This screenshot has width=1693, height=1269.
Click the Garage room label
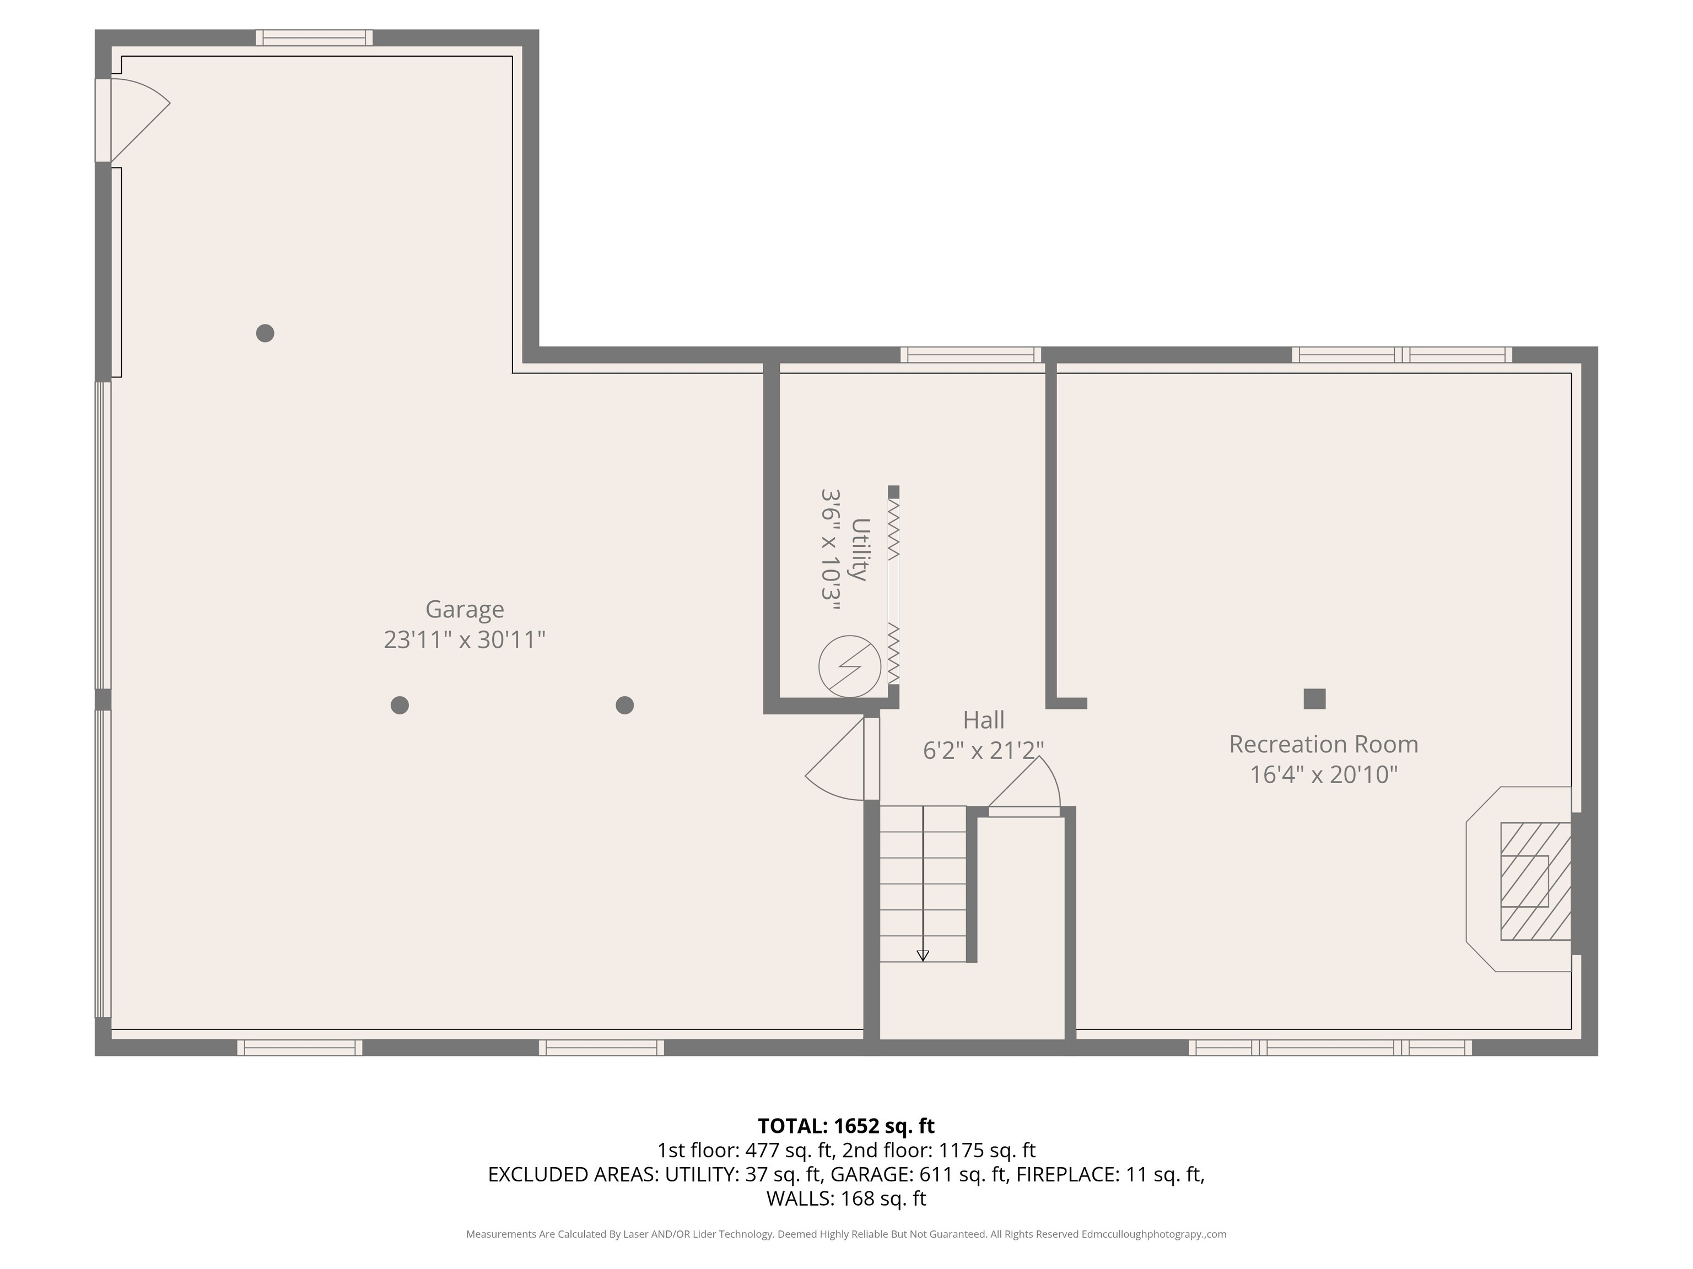pyautogui.click(x=465, y=610)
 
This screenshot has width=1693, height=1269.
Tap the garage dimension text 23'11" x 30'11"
pyautogui.click(x=465, y=639)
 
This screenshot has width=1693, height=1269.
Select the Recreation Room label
pyautogui.click(x=1323, y=744)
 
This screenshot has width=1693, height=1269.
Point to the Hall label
pyautogui.click(x=984, y=720)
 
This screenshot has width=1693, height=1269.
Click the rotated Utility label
pyautogui.click(x=861, y=549)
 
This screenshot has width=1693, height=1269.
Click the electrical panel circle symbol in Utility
pyautogui.click(x=850, y=667)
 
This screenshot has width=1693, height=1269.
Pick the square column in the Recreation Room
pyautogui.click(x=1314, y=699)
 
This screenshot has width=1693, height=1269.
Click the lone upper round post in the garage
pyautogui.click(x=265, y=333)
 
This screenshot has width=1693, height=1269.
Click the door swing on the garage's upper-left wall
pyautogui.click(x=140, y=120)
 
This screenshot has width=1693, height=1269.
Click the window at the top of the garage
pyautogui.click(x=314, y=37)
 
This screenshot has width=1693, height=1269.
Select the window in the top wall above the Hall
pyautogui.click(x=970, y=355)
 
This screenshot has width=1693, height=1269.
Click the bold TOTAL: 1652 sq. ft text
pyautogui.click(x=846, y=1126)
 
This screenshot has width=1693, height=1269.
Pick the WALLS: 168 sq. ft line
pyautogui.click(x=846, y=1198)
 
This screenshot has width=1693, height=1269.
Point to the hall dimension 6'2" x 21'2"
pyautogui.click(x=984, y=750)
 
